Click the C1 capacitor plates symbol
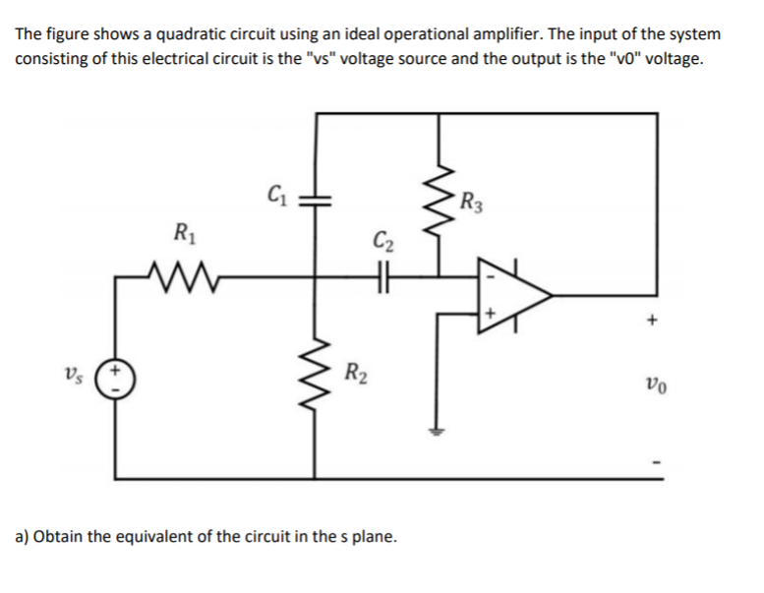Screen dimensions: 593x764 (x=317, y=197)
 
